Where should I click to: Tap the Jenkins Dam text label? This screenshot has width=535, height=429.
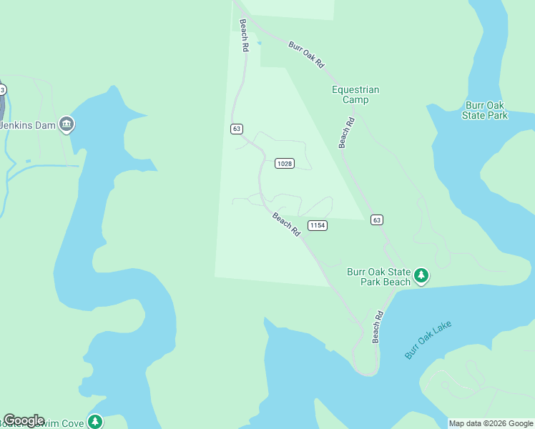point(27,125)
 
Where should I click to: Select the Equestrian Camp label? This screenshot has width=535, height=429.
point(355,94)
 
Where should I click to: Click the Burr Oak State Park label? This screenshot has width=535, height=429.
point(485,110)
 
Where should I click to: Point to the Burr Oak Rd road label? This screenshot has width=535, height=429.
point(307,54)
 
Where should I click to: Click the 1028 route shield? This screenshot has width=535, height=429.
point(285,164)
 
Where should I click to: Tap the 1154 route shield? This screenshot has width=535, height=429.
point(318,225)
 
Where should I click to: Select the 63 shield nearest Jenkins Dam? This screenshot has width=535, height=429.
point(237,129)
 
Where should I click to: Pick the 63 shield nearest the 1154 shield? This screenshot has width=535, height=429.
point(377,220)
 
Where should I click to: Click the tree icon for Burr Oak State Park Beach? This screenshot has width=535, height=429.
point(422,275)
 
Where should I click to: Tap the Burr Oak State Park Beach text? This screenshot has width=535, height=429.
point(379,277)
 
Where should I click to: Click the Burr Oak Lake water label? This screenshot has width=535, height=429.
point(428,340)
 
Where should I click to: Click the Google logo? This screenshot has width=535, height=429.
point(24,420)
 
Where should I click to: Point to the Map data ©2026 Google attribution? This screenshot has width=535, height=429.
point(491,423)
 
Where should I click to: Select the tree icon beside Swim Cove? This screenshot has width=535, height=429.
point(94,421)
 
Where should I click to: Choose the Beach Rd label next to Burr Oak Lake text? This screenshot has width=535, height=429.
point(378,326)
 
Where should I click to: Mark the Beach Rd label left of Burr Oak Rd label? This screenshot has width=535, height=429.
point(244,35)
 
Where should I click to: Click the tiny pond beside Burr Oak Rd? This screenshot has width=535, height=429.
point(259,43)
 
